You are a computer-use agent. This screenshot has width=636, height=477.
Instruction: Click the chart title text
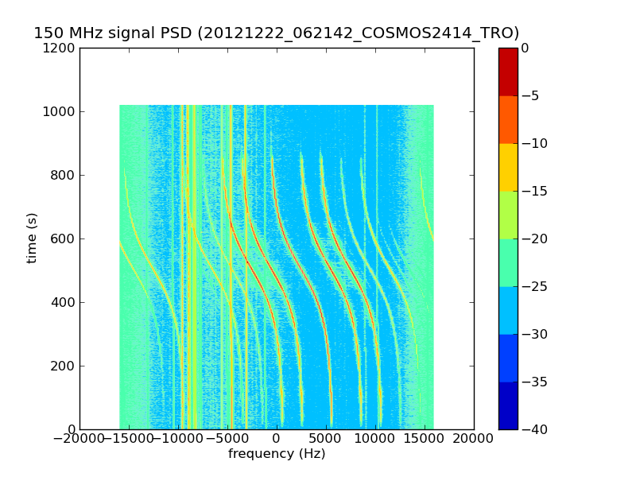click(276, 33)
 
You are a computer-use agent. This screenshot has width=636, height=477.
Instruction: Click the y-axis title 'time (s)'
click(32, 238)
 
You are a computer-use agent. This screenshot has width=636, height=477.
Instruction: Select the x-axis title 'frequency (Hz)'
click(277, 454)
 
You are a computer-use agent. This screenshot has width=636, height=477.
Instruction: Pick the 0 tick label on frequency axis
click(277, 438)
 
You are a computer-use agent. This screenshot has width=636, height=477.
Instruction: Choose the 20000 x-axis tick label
click(474, 438)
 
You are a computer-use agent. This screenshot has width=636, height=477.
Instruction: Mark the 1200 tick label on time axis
click(60, 48)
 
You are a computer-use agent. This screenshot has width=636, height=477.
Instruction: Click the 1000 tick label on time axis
click(60, 111)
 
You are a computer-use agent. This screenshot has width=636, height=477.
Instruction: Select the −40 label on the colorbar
click(531, 429)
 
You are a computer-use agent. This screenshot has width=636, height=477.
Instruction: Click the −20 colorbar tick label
click(531, 238)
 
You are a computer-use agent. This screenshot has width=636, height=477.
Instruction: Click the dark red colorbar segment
click(508, 72)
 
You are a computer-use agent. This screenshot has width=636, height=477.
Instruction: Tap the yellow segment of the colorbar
click(508, 167)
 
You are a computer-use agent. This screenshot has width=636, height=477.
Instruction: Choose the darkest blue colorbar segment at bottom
click(508, 405)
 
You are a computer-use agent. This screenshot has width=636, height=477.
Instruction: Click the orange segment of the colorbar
click(508, 119)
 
